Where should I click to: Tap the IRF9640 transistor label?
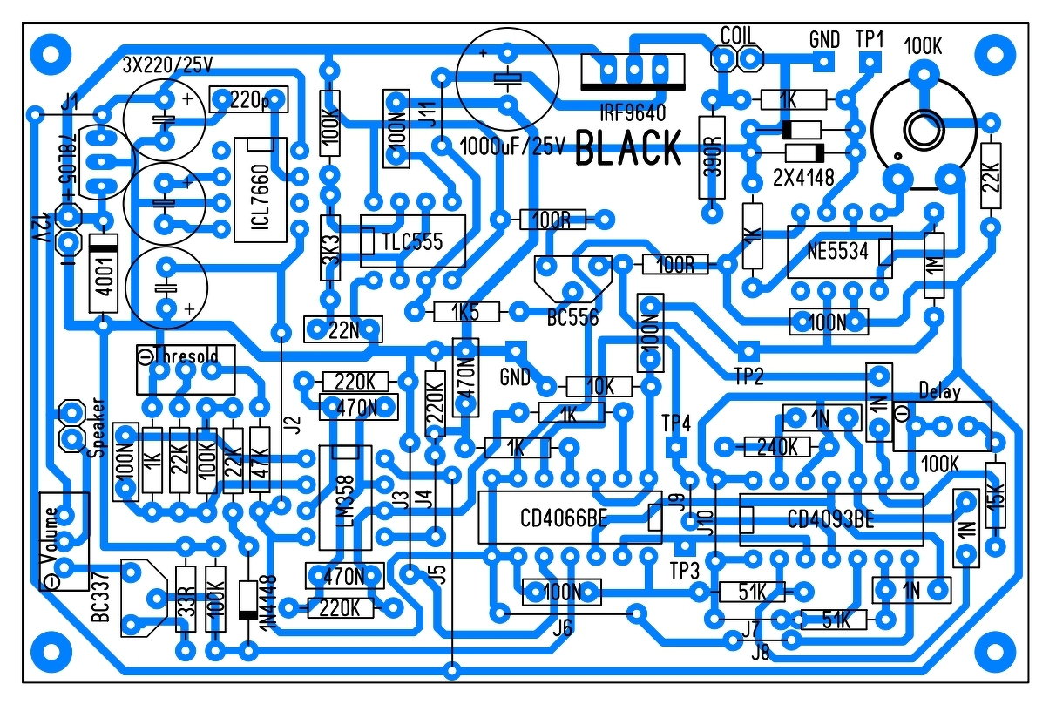[x=631, y=112]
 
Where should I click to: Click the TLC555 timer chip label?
[x=412, y=240]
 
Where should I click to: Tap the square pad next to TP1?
[x=869, y=62]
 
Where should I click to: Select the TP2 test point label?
[x=749, y=377]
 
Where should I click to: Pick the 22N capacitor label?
[x=342, y=329]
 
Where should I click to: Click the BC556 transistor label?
[x=573, y=318]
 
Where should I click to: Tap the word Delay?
[x=939, y=391]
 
